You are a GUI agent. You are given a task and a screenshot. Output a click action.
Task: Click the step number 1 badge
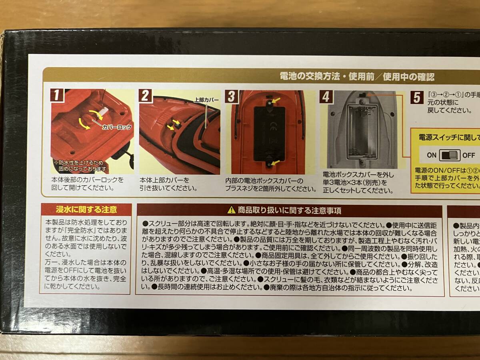[57, 96]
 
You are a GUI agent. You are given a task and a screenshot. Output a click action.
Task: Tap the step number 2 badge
[146, 96]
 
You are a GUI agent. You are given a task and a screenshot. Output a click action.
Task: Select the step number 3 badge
[231, 96]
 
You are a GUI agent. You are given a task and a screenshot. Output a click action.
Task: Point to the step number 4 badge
[326, 97]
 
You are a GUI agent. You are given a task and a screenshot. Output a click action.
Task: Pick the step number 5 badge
[417, 97]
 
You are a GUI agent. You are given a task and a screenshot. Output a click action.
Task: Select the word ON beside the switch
[432, 155]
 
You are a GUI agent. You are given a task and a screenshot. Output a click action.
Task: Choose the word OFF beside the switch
[468, 155]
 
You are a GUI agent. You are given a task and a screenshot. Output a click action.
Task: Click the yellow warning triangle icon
[232, 210]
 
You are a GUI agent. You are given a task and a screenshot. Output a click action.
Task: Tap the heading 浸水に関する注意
[86, 209]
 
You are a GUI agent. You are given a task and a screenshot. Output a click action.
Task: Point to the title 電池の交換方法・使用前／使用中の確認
[357, 76]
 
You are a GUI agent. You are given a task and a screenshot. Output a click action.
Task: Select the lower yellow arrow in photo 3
[276, 162]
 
